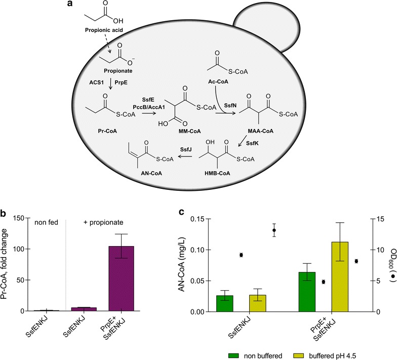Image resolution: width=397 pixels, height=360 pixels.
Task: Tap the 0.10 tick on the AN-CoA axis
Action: pyautogui.click(x=208, y=250)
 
